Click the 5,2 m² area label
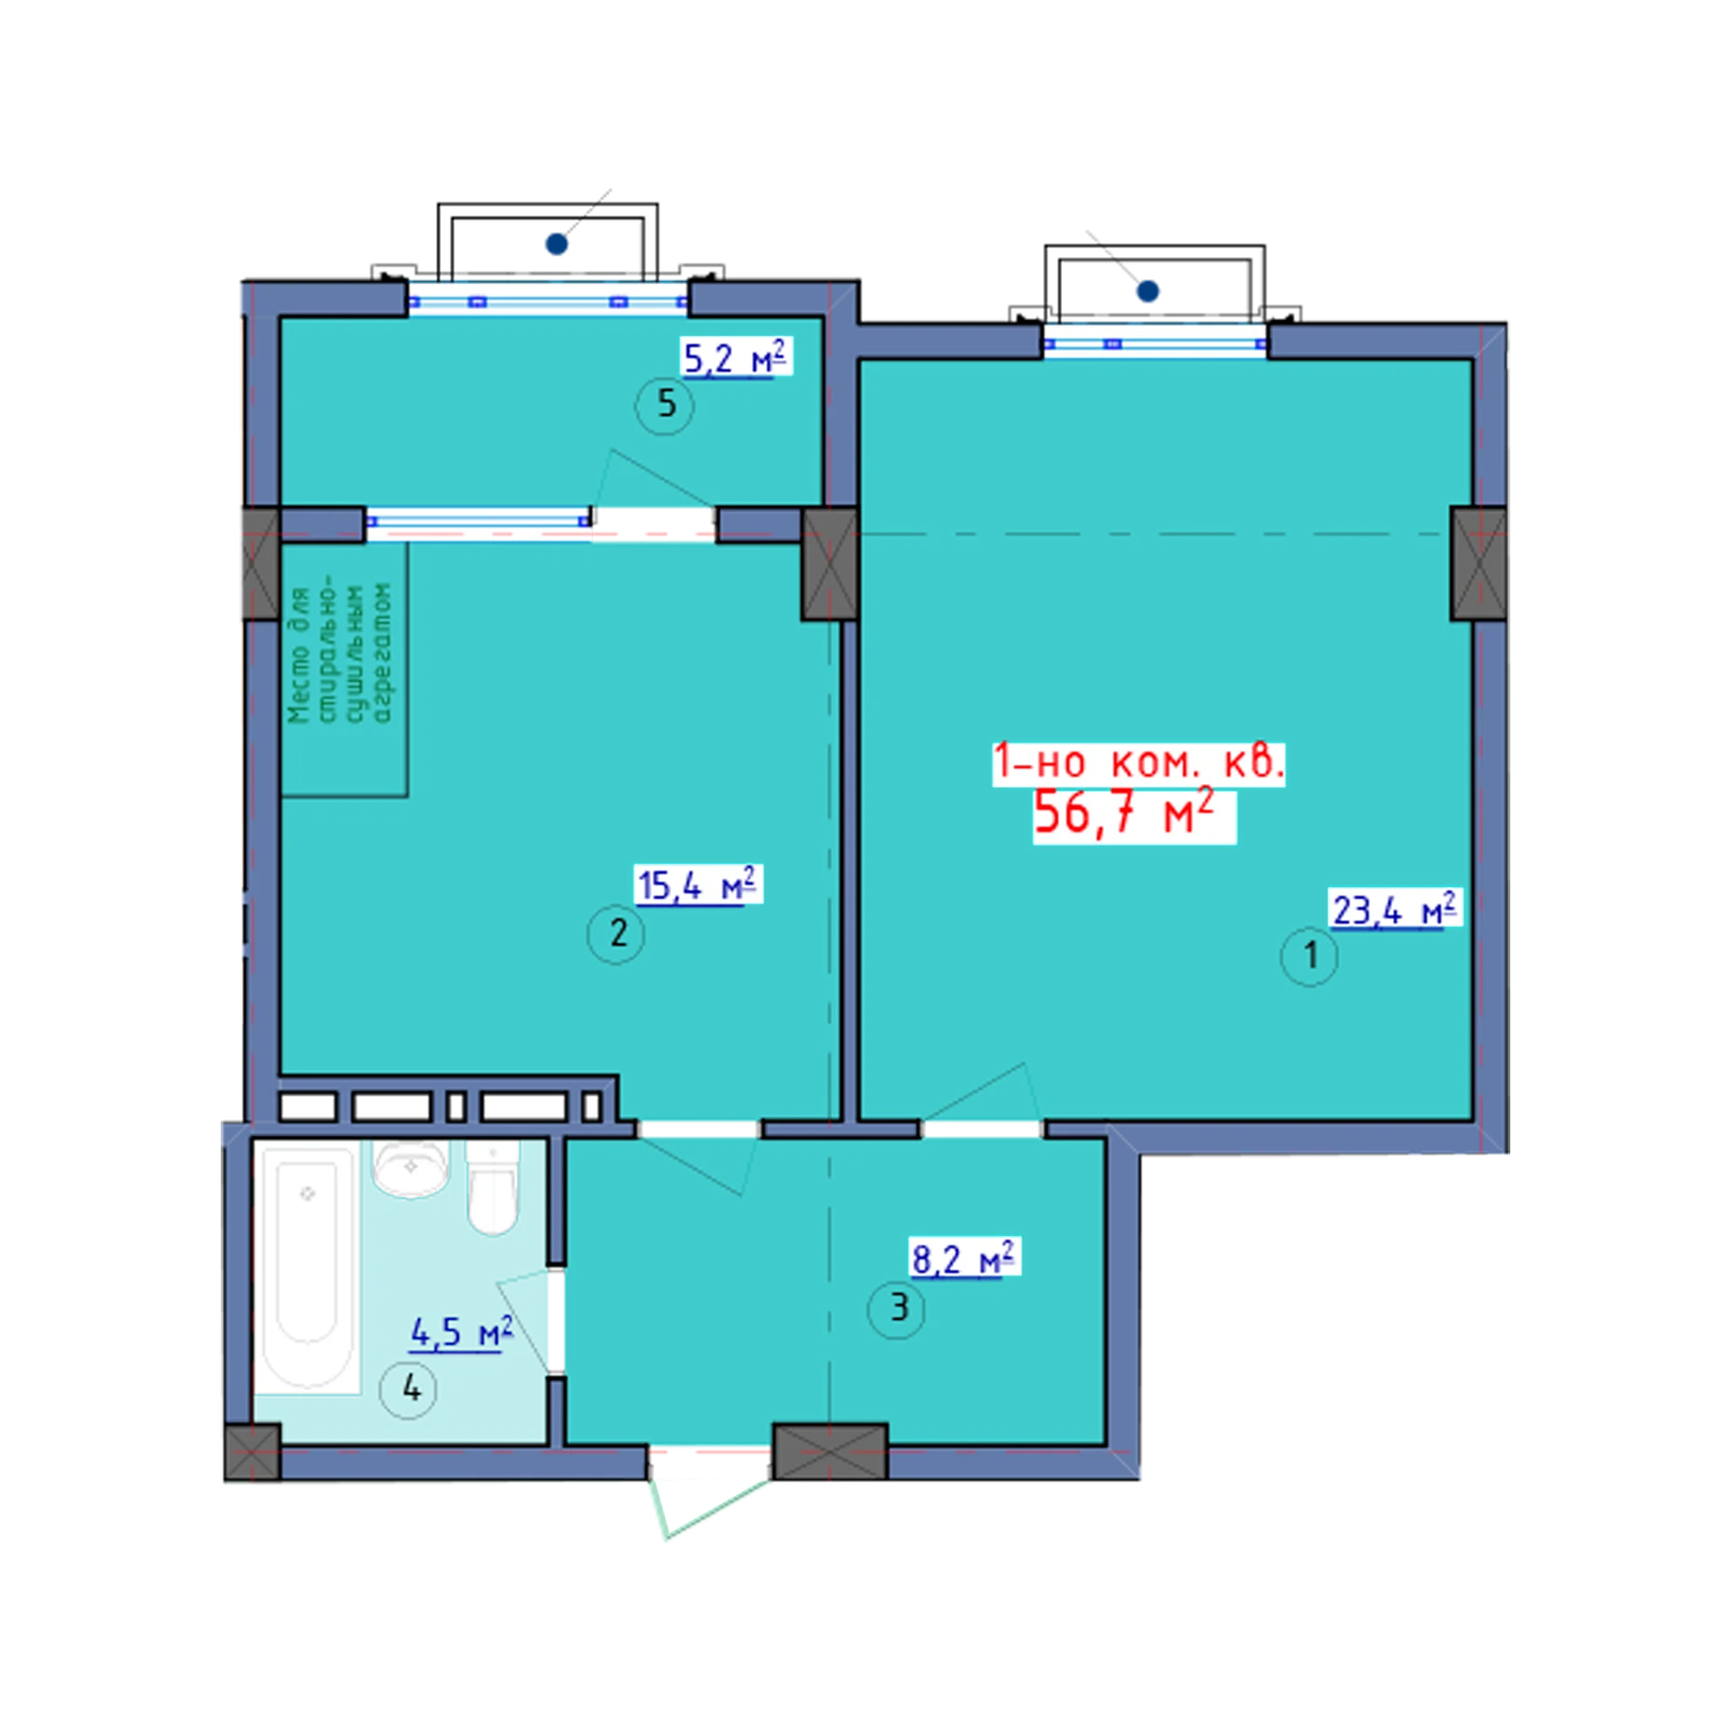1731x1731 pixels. pos(735,358)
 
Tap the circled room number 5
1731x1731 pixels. pos(665,405)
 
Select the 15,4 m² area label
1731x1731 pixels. pos(697,884)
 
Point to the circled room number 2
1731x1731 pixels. pos(617,933)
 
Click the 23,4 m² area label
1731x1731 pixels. pos(1394,910)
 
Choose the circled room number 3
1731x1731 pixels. pos(896,1308)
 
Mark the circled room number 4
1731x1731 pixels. pos(409,1389)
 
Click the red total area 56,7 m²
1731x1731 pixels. pos(1124,813)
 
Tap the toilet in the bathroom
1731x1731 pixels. pos(493,1188)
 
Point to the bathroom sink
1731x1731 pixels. pos(411,1168)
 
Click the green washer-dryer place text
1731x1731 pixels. pos(340,655)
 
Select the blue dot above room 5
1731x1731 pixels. pos(556,243)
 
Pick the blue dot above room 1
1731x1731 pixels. pos(1148,291)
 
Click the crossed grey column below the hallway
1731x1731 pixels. pos(830,1452)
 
